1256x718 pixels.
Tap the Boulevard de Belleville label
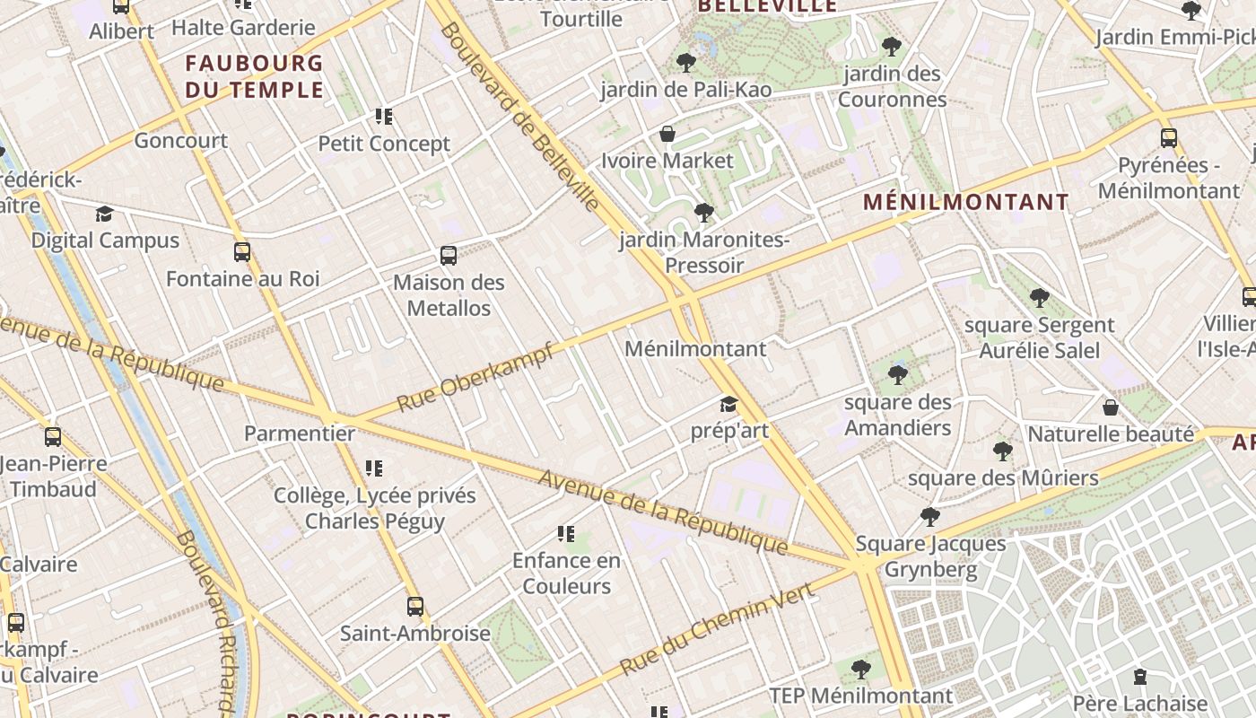pyautogui.click(x=519, y=117)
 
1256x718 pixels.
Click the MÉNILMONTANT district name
pyautogui.click(x=966, y=202)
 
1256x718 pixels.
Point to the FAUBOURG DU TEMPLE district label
pyautogui.click(x=254, y=76)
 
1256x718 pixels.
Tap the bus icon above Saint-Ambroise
pyautogui.click(x=414, y=606)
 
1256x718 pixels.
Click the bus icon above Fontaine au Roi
pyautogui.click(x=241, y=252)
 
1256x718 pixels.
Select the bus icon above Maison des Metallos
pyautogui.click(x=449, y=256)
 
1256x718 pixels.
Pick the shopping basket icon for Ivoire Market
pyautogui.click(x=667, y=135)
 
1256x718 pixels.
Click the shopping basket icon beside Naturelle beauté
pyautogui.click(x=1111, y=407)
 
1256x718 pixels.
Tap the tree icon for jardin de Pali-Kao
pyautogui.click(x=686, y=63)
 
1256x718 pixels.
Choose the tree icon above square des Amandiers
pyautogui.click(x=897, y=375)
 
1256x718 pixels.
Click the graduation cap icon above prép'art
pyautogui.click(x=728, y=405)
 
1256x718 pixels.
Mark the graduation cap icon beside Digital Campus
pyautogui.click(x=105, y=214)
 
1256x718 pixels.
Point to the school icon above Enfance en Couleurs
pyautogui.click(x=566, y=534)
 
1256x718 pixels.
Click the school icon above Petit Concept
pyautogui.click(x=384, y=117)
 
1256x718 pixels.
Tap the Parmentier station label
pyautogui.click(x=300, y=433)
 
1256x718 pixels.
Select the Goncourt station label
pyautogui.click(x=180, y=141)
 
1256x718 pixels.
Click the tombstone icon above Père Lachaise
pyautogui.click(x=1139, y=676)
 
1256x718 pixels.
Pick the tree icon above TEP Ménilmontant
pyautogui.click(x=860, y=669)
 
